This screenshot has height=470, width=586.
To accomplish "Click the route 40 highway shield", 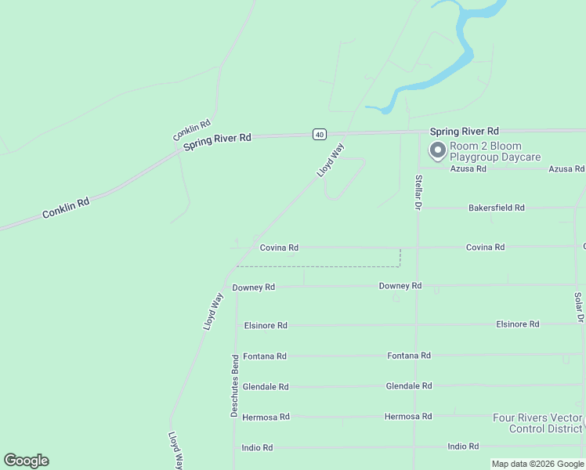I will click(x=319, y=134).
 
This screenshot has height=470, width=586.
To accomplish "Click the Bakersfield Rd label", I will click(x=496, y=208).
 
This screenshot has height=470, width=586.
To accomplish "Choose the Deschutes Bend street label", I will click(x=234, y=385).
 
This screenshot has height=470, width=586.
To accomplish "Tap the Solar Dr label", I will click(x=578, y=308).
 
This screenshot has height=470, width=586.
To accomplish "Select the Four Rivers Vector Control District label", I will click(x=537, y=423).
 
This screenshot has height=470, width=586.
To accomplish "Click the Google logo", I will click(x=26, y=461).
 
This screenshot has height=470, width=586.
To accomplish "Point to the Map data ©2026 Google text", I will click(x=537, y=464).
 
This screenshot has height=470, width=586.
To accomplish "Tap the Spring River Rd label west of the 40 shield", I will click(x=217, y=142).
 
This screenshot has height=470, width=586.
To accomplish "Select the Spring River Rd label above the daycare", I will click(x=464, y=131).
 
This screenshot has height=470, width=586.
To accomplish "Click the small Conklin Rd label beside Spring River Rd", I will click(x=192, y=130).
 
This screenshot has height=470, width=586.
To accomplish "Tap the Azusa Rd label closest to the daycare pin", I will click(x=469, y=168).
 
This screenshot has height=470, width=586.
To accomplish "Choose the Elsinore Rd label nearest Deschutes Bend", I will click(x=266, y=325).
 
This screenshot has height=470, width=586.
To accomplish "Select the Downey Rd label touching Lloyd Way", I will click(x=253, y=287).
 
